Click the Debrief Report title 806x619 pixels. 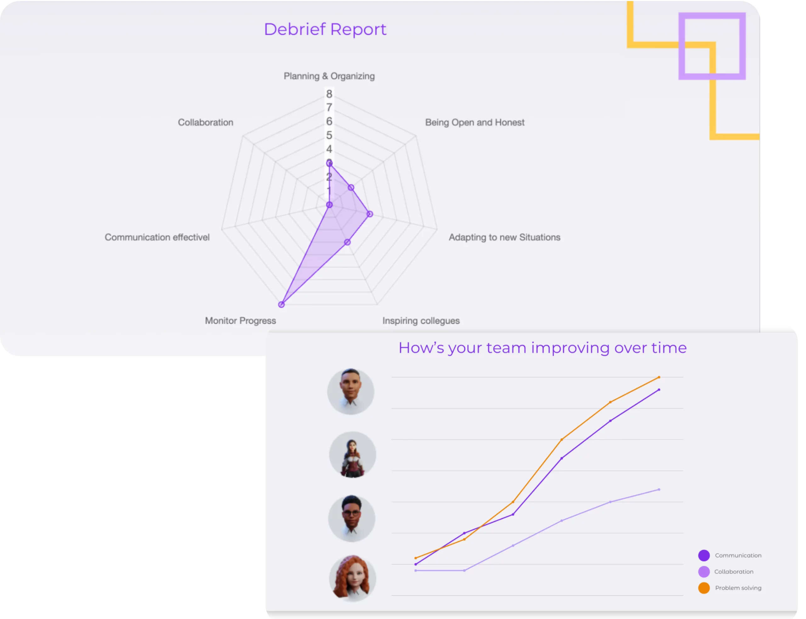tap(325, 29)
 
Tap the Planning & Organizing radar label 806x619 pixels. tap(329, 76)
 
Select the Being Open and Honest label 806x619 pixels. tap(474, 122)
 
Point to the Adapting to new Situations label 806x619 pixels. tap(504, 237)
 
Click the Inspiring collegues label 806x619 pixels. tap(421, 321)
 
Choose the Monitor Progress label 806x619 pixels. tap(240, 321)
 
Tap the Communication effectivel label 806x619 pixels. tap(157, 237)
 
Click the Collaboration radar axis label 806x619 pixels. tap(206, 122)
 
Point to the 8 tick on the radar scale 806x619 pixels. tap(329, 94)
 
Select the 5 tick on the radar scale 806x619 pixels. tap(329, 135)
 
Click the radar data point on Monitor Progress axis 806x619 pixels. tap(281, 304)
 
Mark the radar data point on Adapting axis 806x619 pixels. tap(370, 214)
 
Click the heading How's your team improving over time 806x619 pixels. tap(542, 348)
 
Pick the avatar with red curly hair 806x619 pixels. tap(352, 578)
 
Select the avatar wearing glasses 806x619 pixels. tap(351, 518)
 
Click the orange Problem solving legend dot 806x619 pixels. tap(704, 588)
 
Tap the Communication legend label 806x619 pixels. tap(738, 555)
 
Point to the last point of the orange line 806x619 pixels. tap(659, 377)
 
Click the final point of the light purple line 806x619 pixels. tap(659, 490)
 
